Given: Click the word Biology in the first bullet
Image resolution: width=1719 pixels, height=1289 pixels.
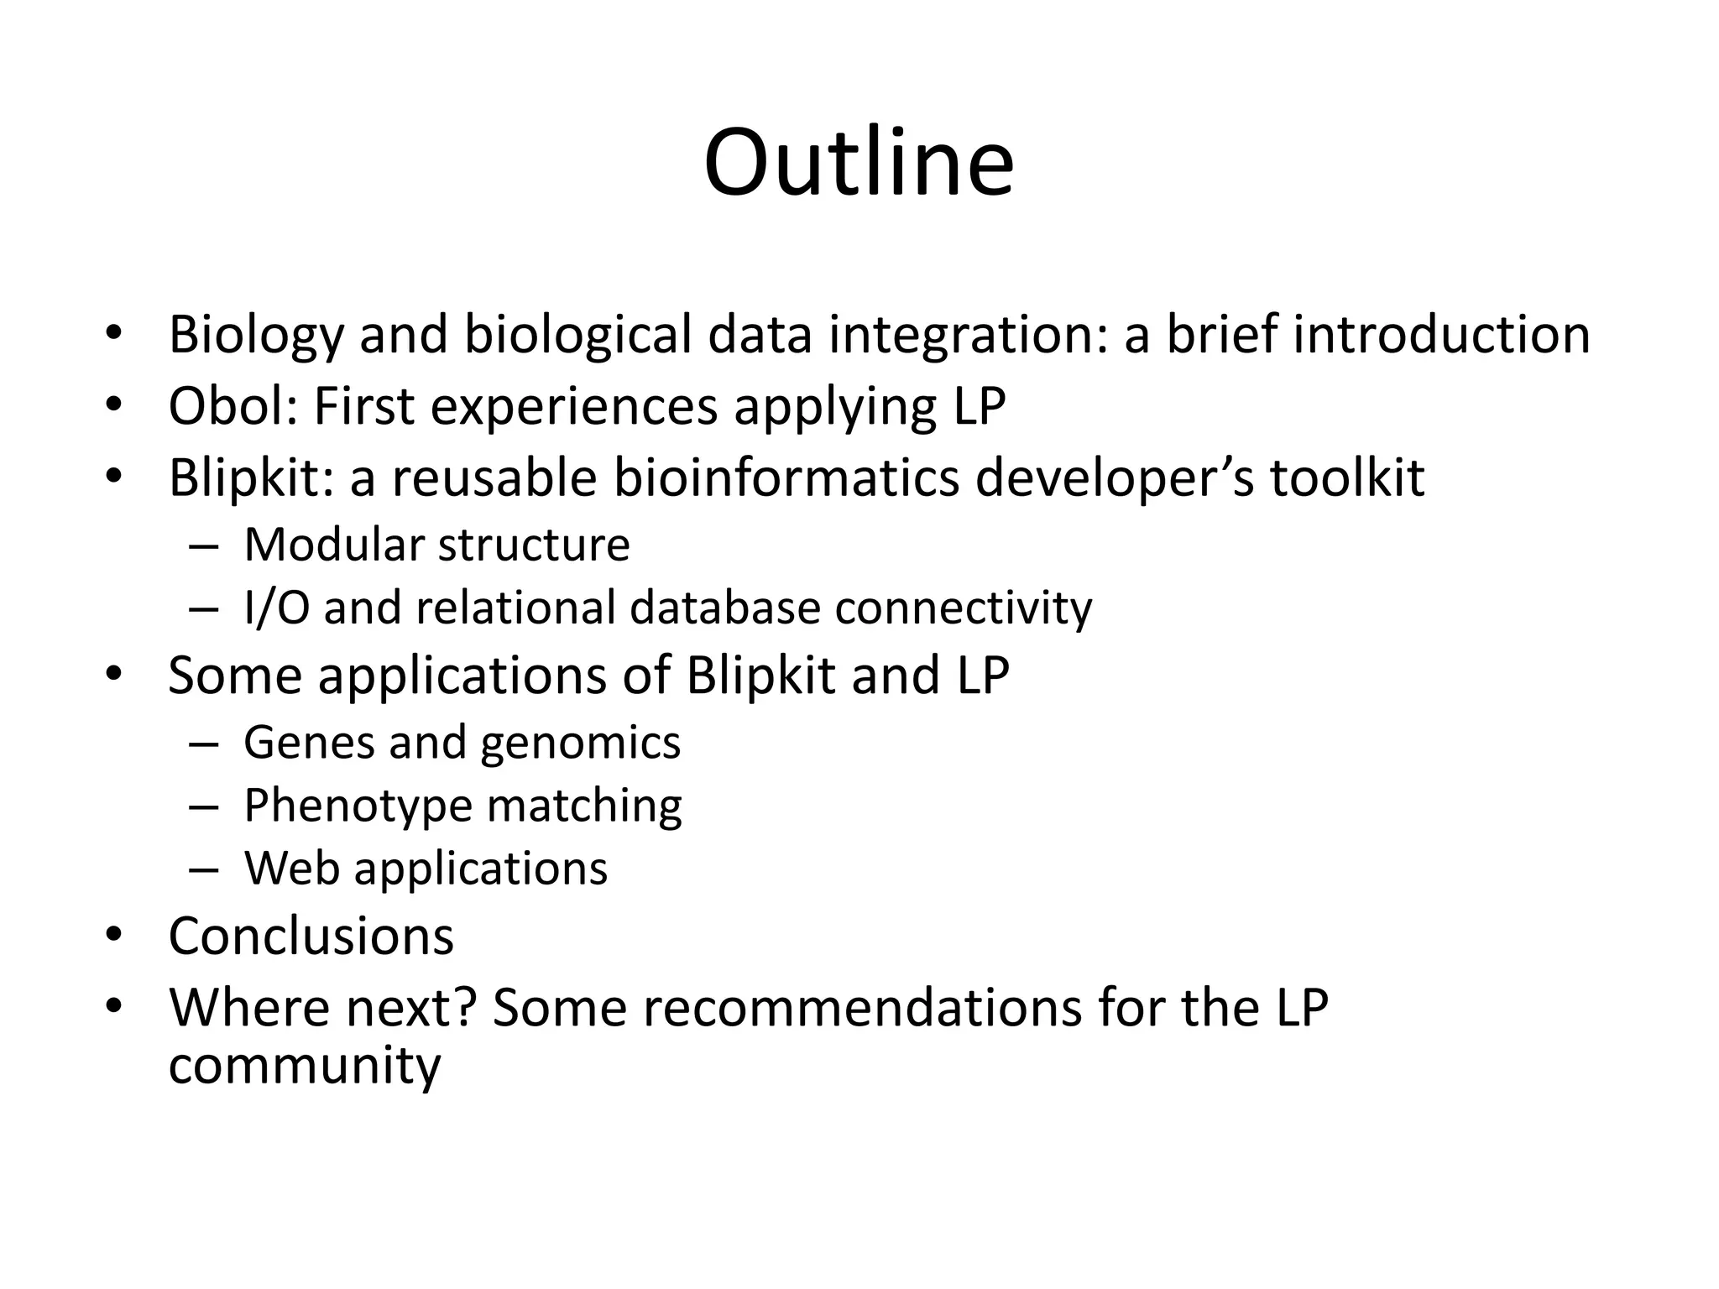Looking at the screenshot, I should click(x=256, y=335).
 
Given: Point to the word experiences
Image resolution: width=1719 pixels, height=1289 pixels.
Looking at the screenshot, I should click(x=574, y=408).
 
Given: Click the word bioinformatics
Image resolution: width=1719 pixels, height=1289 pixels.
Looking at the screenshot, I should click(x=786, y=478).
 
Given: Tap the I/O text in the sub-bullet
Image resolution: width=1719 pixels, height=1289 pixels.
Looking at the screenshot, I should click(x=276, y=608).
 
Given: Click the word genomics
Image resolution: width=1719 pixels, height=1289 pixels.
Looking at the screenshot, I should click(x=580, y=744).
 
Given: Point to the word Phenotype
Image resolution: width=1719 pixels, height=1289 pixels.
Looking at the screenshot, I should click(x=358, y=806).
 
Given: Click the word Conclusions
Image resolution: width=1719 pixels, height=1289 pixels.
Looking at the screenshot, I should click(x=311, y=937).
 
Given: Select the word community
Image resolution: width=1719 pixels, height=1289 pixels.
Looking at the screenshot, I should click(x=304, y=1066).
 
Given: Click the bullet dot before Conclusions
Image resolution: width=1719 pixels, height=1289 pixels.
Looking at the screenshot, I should click(x=114, y=935).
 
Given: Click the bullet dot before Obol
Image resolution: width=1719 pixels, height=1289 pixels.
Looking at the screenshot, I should click(x=114, y=405).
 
